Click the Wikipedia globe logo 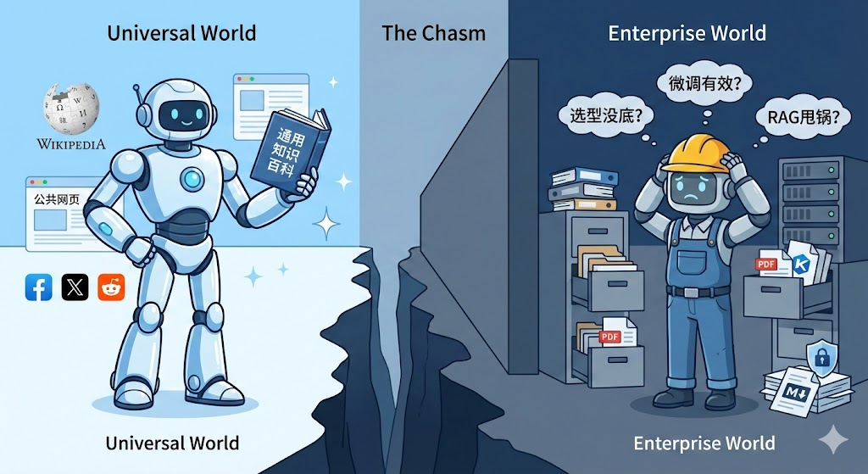tap(71, 109)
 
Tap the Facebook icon tap(39, 287)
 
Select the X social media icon tap(75, 287)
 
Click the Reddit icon tap(111, 287)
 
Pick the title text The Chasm tap(433, 33)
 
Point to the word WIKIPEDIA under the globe tap(71, 143)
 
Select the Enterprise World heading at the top tap(687, 33)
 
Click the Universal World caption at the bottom tap(172, 443)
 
